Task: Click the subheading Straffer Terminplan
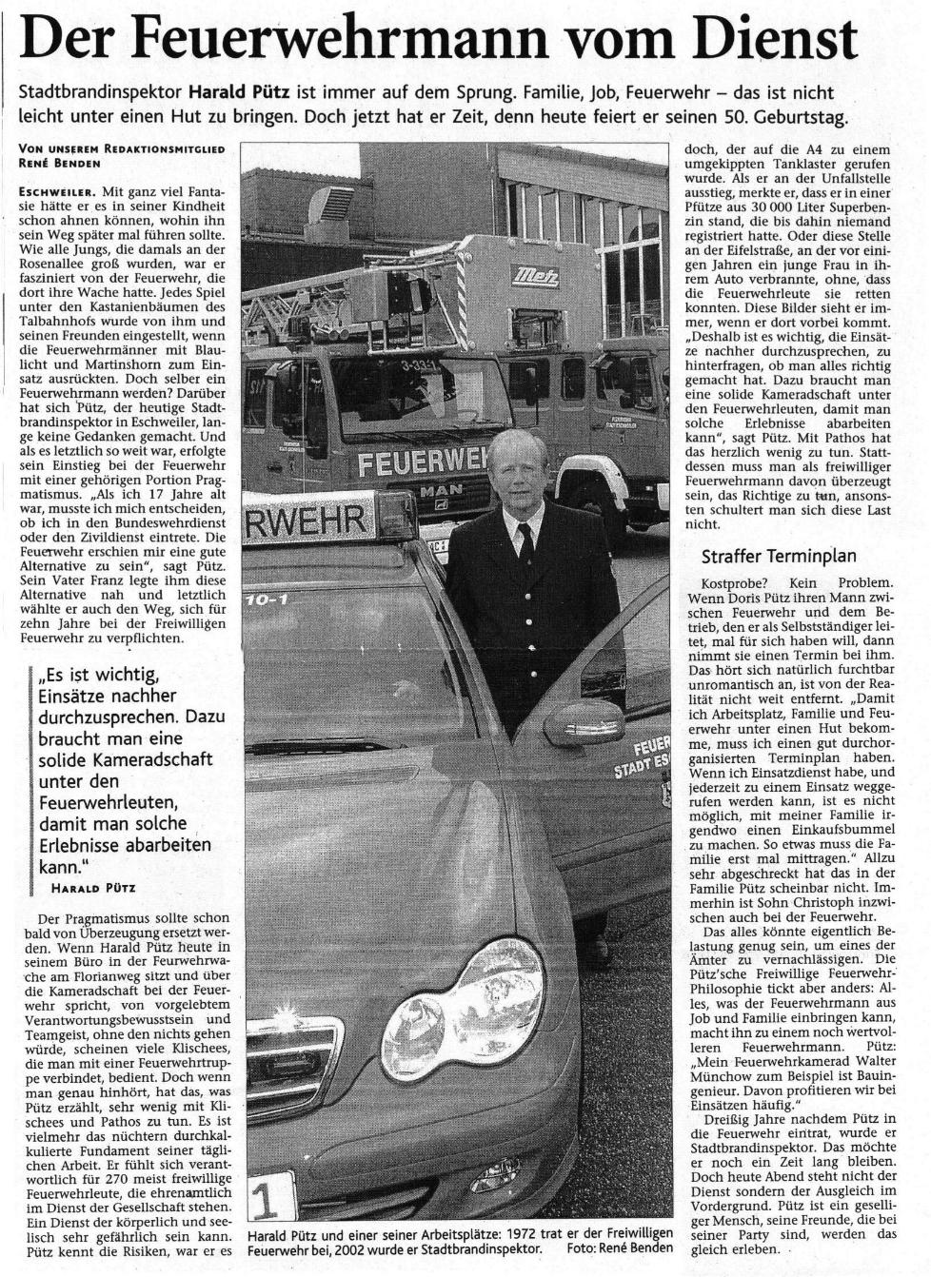779,557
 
